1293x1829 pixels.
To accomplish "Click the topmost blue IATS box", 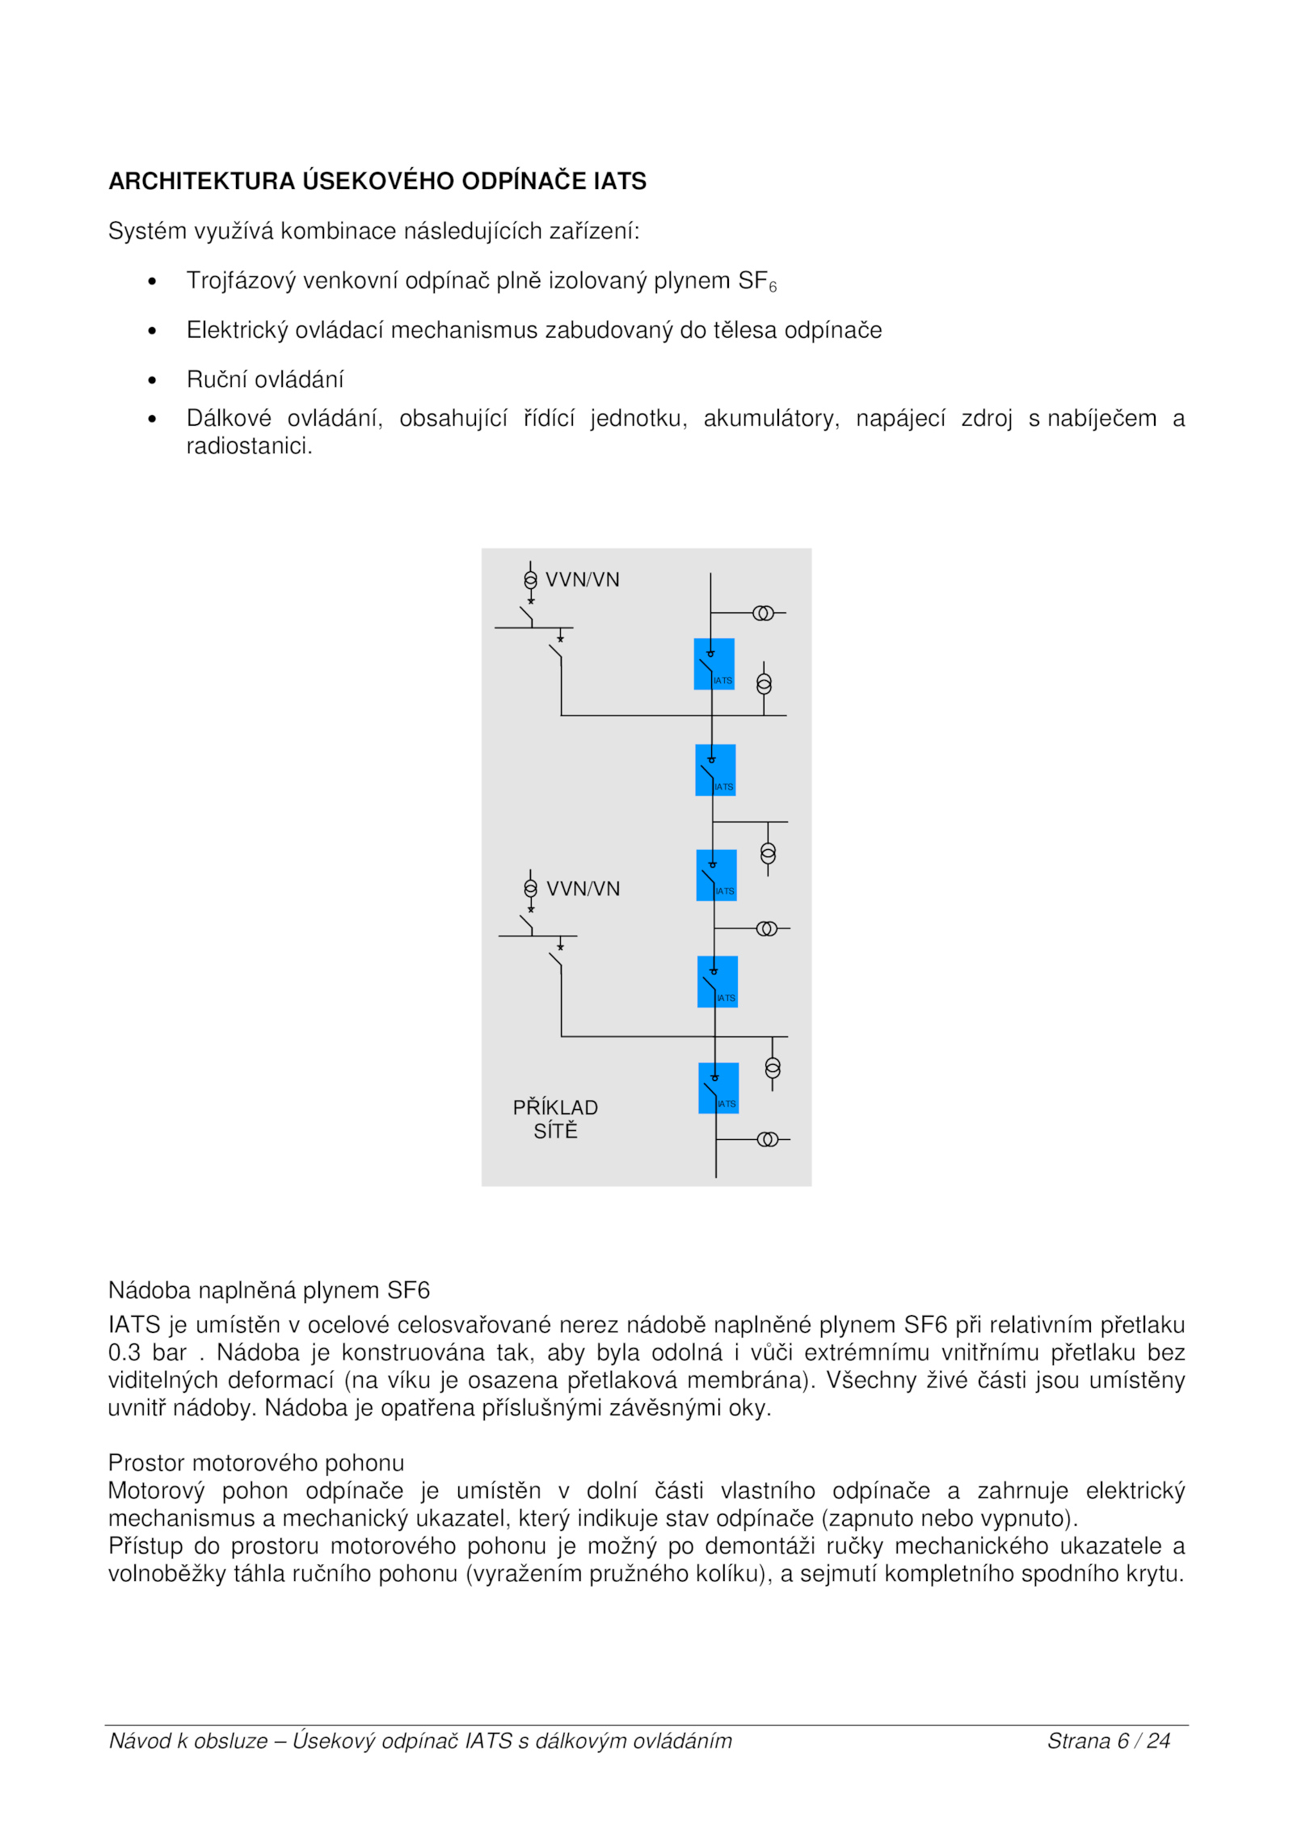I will coord(714,663).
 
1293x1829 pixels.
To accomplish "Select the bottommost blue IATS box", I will coord(718,1087).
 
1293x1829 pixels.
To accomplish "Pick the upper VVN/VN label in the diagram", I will coord(582,579).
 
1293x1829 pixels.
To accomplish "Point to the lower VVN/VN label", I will coord(583,889).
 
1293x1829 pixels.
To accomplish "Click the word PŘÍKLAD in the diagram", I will coord(555,1108).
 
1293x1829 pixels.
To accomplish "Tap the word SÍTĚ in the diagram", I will coord(555,1131).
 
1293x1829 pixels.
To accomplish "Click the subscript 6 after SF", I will coord(773,287).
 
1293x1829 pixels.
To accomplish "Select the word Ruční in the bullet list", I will coord(213,379).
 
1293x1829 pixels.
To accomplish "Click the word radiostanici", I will coord(249,446).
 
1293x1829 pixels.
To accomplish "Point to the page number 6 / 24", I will coord(1143,1741).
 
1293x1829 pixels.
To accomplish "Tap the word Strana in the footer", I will coord(1079,1741).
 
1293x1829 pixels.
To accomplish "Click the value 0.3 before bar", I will coord(124,1352).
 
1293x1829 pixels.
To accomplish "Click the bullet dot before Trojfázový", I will coord(152,281).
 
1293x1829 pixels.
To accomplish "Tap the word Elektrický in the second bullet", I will coord(238,330).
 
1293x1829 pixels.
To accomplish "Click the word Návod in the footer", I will coord(136,1741).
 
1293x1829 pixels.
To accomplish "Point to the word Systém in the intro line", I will coord(147,231).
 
